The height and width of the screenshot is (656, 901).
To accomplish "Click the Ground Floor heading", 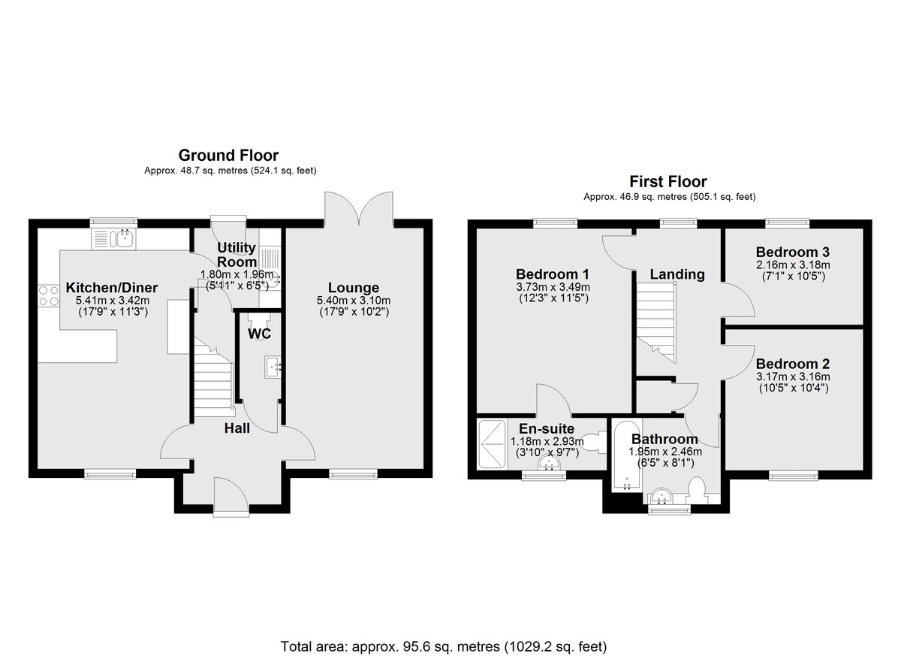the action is click(228, 156).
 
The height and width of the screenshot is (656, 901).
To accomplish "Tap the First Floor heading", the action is click(668, 182).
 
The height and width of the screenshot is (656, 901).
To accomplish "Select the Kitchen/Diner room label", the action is click(112, 288).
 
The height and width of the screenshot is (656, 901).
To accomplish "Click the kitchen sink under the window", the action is click(125, 239).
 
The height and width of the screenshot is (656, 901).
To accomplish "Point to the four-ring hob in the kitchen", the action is click(49, 296).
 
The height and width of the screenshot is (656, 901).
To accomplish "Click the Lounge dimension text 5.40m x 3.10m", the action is click(354, 301).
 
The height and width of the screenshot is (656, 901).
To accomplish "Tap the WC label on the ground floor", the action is click(260, 334).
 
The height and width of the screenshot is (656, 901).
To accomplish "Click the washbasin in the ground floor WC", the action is click(273, 367).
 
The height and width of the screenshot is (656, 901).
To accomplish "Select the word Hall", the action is click(237, 428).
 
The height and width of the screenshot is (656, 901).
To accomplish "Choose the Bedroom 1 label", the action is click(553, 274).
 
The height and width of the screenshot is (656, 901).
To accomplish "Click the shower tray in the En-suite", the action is click(493, 444).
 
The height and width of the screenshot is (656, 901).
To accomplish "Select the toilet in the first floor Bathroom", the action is click(697, 491).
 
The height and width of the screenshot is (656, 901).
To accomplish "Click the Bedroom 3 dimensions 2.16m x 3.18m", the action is click(793, 265).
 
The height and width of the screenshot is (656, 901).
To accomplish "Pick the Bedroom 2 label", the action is click(793, 364).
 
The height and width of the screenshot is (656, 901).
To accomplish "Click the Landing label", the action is click(677, 274).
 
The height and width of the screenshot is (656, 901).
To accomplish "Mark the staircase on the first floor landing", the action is click(655, 322).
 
